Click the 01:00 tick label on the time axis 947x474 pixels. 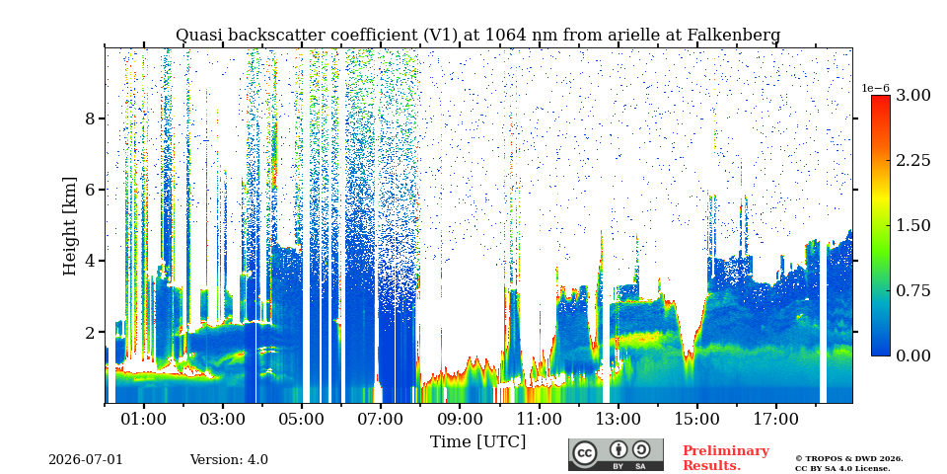(144, 419)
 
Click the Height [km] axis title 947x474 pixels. (70, 226)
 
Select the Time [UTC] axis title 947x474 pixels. (477, 441)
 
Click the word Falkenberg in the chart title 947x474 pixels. (734, 36)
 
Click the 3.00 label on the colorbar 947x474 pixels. (913, 95)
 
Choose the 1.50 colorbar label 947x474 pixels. (913, 225)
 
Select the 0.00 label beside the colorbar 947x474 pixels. (913, 355)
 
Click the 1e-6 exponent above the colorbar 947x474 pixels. (876, 88)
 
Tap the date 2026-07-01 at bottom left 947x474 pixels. (85, 460)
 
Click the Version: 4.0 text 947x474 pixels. (229, 460)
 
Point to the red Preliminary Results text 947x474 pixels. (726, 458)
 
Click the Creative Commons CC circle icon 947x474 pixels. (584, 453)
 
